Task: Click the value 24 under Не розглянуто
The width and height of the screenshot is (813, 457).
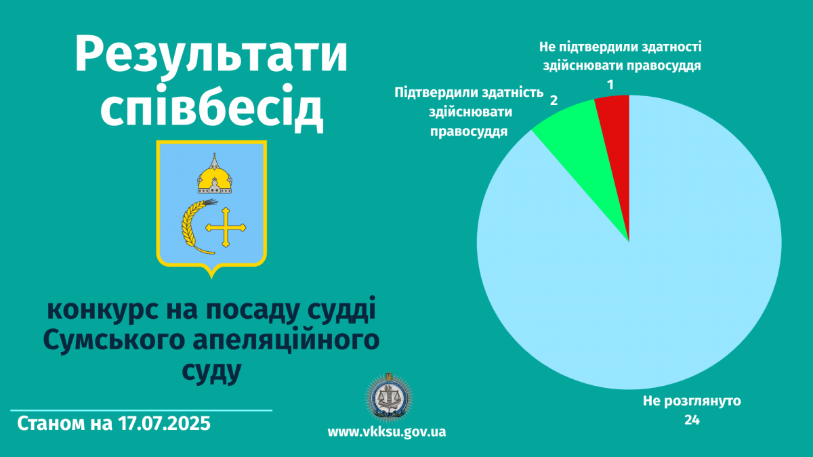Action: pyautogui.click(x=692, y=420)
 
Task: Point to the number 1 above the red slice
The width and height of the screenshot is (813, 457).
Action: pyautogui.click(x=610, y=85)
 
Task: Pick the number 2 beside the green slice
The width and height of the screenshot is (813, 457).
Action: pyautogui.click(x=554, y=100)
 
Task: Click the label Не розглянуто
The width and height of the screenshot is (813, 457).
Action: pyautogui.click(x=692, y=401)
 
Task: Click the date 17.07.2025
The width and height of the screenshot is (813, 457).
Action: pyautogui.click(x=164, y=423)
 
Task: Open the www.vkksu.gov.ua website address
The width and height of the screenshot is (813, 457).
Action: pyautogui.click(x=387, y=432)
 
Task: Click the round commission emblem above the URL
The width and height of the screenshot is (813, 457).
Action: pyautogui.click(x=389, y=398)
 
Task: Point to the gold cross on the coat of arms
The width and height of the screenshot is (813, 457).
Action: pyautogui.click(x=226, y=227)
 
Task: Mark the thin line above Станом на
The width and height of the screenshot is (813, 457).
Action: pyautogui.click(x=141, y=410)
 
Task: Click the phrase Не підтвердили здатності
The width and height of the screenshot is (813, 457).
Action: pyautogui.click(x=621, y=47)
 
